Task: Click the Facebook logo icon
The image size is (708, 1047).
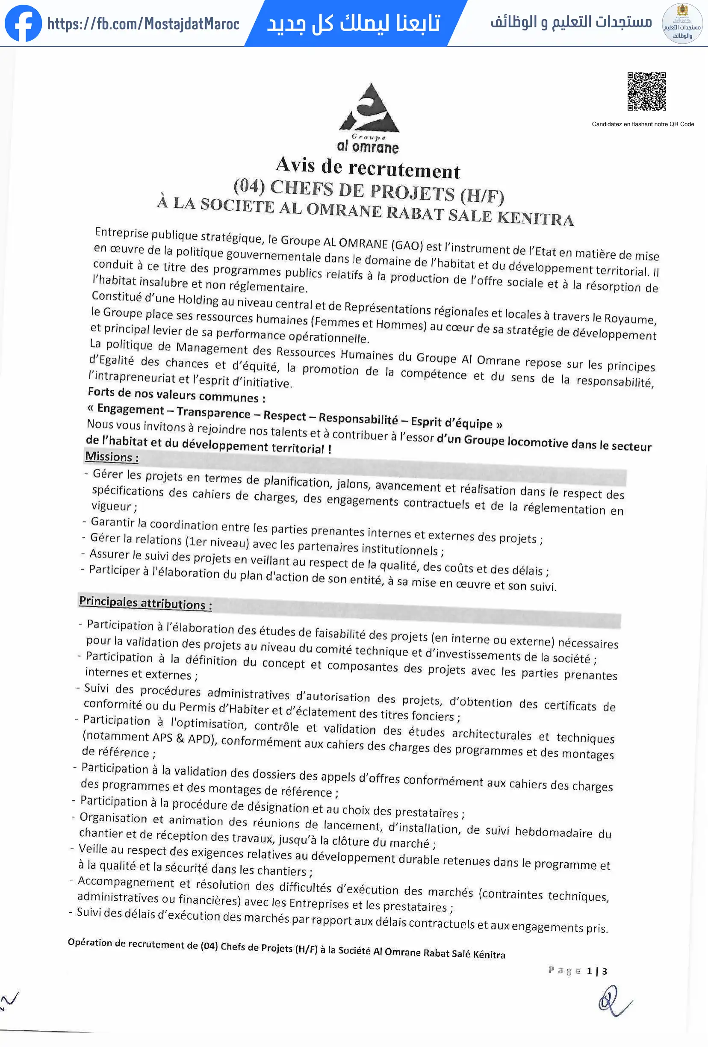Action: pyautogui.click(x=23, y=24)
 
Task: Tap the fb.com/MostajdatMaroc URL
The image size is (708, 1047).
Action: pyautogui.click(x=143, y=24)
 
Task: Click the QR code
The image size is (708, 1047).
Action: pyautogui.click(x=646, y=91)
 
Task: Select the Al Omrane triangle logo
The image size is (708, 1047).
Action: pyautogui.click(x=369, y=108)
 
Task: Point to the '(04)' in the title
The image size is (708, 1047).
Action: pyautogui.click(x=249, y=185)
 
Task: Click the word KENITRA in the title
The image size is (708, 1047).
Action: pyautogui.click(x=535, y=218)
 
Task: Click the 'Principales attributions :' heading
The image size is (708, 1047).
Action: pyautogui.click(x=145, y=603)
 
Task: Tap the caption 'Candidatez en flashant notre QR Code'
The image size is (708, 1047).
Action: pyautogui.click(x=643, y=124)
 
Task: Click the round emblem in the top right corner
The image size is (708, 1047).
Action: pyautogui.click(x=682, y=24)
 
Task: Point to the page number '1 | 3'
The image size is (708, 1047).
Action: pyautogui.click(x=597, y=971)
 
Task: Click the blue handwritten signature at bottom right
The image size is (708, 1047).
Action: pyautogui.click(x=614, y=1001)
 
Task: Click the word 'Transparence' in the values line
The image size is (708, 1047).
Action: pyautogui.click(x=213, y=412)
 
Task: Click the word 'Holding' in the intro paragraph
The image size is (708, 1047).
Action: pyautogui.click(x=198, y=300)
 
